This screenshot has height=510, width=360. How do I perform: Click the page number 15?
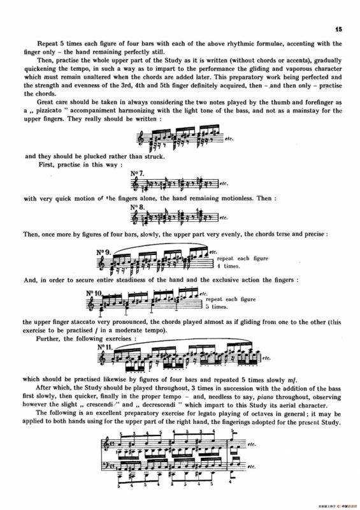click(338, 29)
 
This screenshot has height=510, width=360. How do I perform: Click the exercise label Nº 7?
click(138, 174)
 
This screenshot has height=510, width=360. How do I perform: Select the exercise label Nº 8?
click(138, 207)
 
